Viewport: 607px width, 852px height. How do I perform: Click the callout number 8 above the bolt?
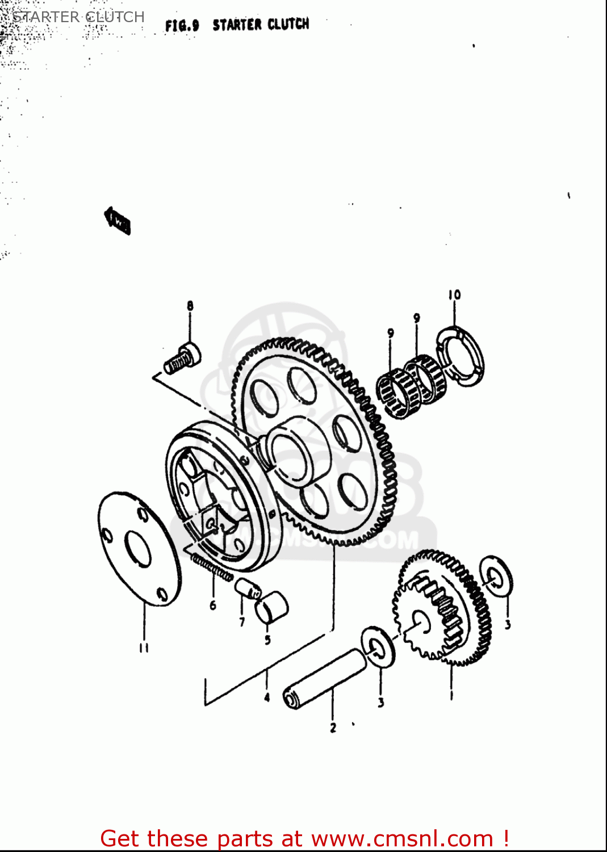pos(190,306)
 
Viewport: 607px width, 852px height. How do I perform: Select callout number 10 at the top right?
pos(454,295)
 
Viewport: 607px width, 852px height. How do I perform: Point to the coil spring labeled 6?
pos(212,568)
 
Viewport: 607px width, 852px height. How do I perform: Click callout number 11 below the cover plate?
pos(144,648)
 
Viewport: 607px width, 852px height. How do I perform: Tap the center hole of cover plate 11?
pos(138,549)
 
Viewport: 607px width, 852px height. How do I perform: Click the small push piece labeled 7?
pos(248,588)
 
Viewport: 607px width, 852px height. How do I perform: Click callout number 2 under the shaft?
pos(333,728)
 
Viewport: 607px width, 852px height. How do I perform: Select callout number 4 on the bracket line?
pos(267,697)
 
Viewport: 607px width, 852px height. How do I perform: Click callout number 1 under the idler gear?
pos(451,695)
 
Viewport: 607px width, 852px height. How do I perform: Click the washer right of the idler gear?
pos(496,576)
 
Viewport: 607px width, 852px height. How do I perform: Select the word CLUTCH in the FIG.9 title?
pos(288,24)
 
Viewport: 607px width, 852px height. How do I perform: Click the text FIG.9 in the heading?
pos(182,26)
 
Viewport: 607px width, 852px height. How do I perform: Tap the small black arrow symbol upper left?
pos(118,220)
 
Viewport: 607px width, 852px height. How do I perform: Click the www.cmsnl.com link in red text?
pos(402,838)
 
